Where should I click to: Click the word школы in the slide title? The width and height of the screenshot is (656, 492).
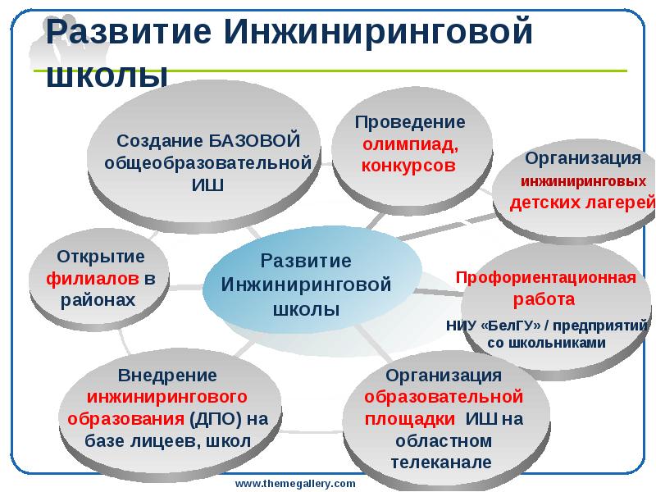106,75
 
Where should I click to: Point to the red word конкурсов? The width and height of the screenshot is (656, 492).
408,165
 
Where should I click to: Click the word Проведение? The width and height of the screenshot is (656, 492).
410,122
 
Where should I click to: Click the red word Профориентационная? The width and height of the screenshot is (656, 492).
546,277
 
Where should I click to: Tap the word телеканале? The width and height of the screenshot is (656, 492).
441,462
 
